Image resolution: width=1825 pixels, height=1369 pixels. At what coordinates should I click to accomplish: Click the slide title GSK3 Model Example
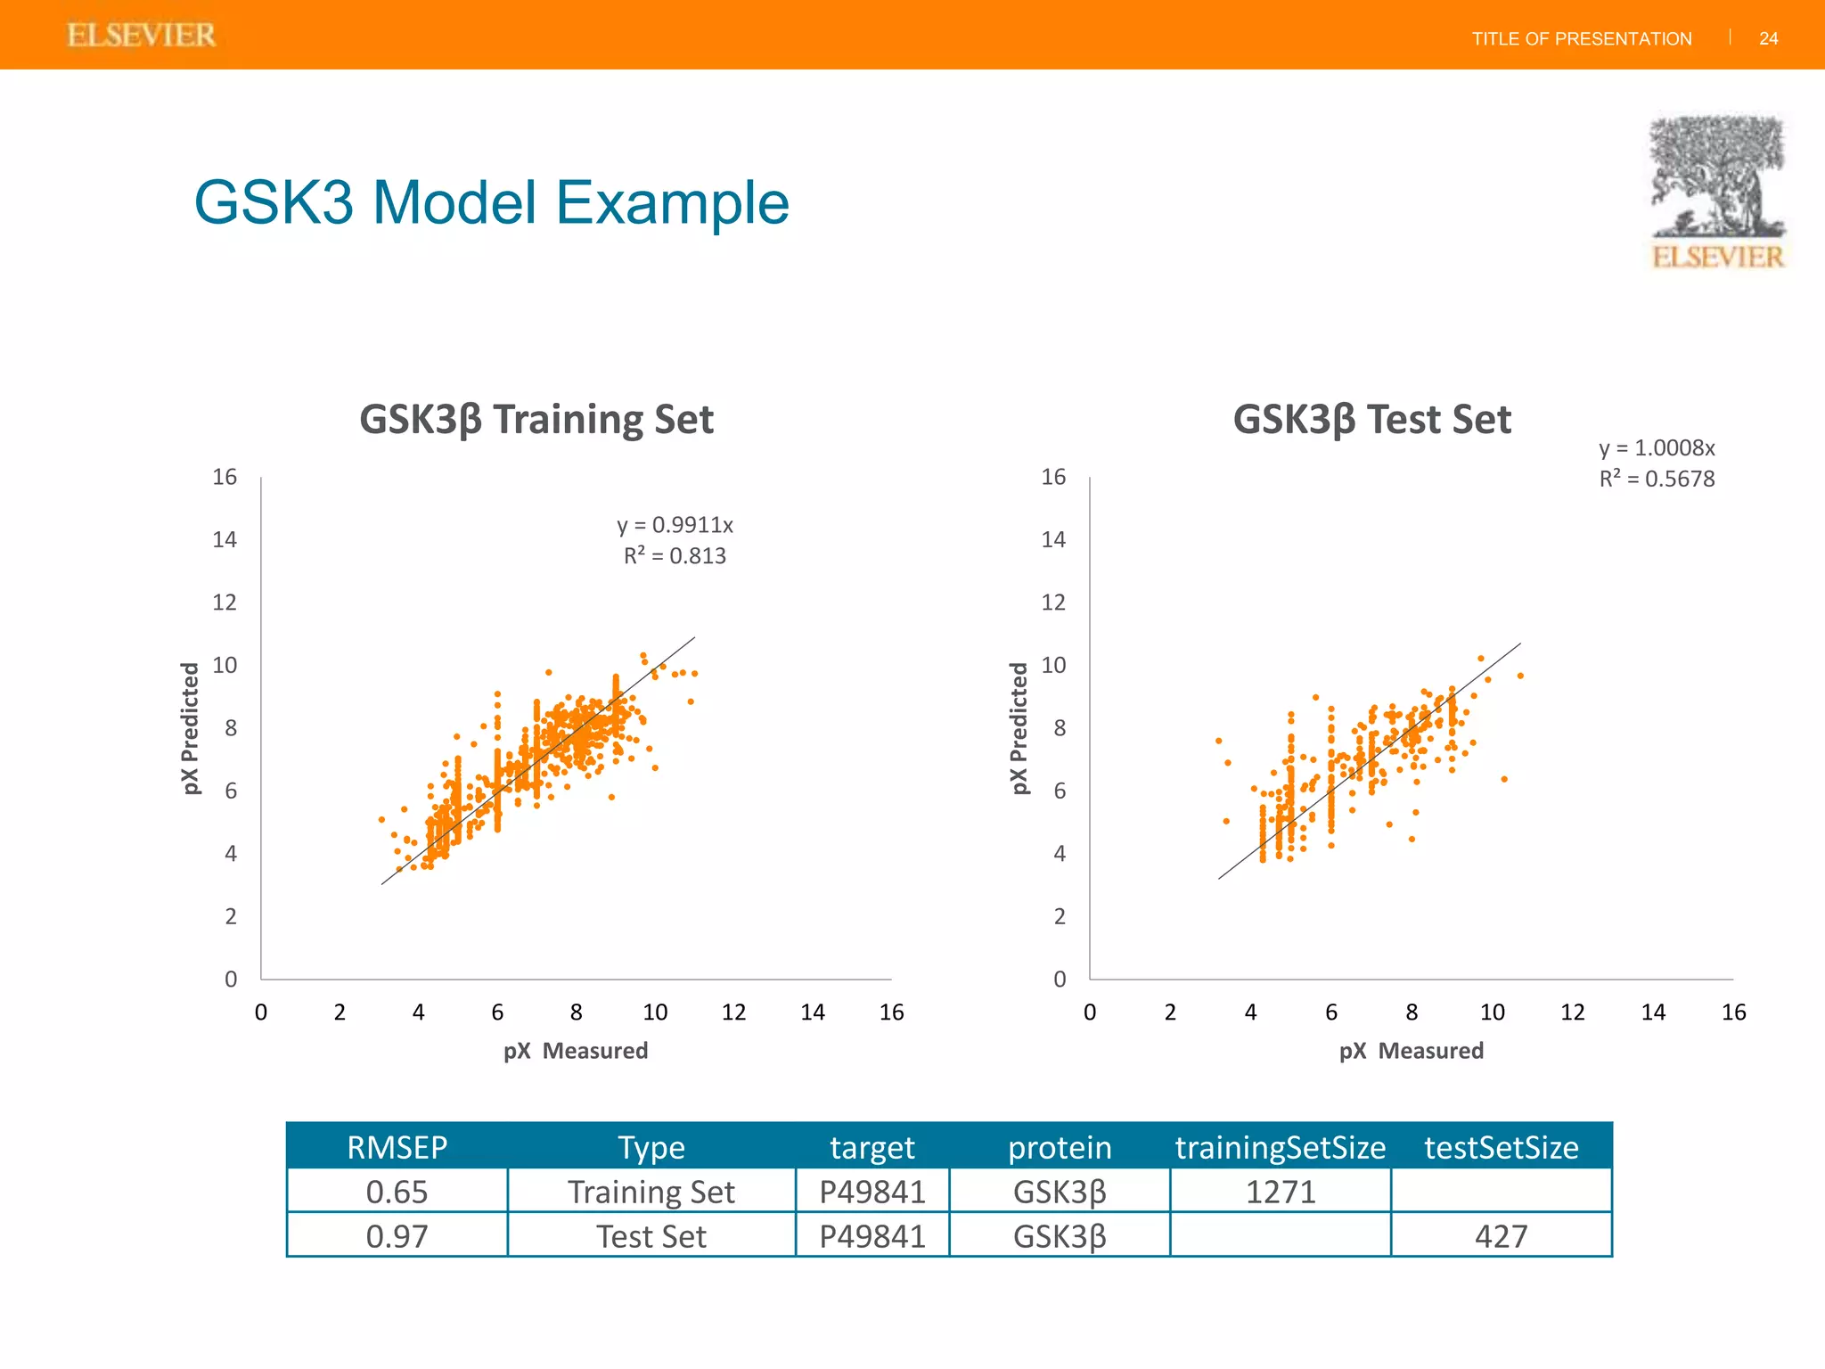pyautogui.click(x=491, y=203)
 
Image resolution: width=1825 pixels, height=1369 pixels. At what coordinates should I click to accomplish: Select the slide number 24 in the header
pyautogui.click(x=1768, y=38)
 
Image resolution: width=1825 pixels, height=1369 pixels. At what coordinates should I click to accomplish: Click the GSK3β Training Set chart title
pyautogui.click(x=536, y=419)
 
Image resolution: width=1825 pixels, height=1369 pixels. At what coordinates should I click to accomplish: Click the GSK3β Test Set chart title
pyautogui.click(x=1371, y=419)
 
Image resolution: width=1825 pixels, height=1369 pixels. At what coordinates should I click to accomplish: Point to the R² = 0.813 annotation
pyautogui.click(x=675, y=556)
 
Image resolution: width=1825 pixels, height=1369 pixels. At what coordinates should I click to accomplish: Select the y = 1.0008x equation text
pyautogui.click(x=1656, y=448)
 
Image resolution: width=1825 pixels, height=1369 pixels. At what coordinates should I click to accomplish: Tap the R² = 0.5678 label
pyautogui.click(x=1656, y=480)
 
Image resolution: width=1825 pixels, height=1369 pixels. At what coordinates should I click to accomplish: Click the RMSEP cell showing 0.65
pyautogui.click(x=397, y=1192)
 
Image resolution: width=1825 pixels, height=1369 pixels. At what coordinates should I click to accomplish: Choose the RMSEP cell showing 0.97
pyautogui.click(x=397, y=1236)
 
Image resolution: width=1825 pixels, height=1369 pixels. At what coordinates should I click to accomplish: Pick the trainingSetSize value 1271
pyautogui.click(x=1280, y=1192)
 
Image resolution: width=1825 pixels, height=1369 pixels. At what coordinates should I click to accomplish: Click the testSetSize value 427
pyautogui.click(x=1501, y=1236)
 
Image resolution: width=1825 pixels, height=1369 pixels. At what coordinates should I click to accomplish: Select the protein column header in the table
pyautogui.click(x=1059, y=1147)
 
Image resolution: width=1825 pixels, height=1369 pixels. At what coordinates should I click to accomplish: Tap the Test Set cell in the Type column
pyautogui.click(x=651, y=1236)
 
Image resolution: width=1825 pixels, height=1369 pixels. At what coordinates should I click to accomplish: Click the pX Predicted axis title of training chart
pyautogui.click(x=190, y=728)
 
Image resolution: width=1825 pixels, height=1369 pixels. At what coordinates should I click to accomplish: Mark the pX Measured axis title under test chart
pyautogui.click(x=1411, y=1051)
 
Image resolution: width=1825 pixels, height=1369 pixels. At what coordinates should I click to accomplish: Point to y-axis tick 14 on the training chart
pyautogui.click(x=225, y=539)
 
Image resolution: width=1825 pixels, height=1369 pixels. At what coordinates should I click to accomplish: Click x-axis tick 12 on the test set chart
pyautogui.click(x=1572, y=1012)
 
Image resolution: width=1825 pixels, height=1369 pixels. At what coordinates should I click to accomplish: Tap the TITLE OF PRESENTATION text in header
pyautogui.click(x=1581, y=39)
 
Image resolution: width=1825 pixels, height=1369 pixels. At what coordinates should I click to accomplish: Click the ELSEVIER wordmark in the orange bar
pyautogui.click(x=142, y=36)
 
